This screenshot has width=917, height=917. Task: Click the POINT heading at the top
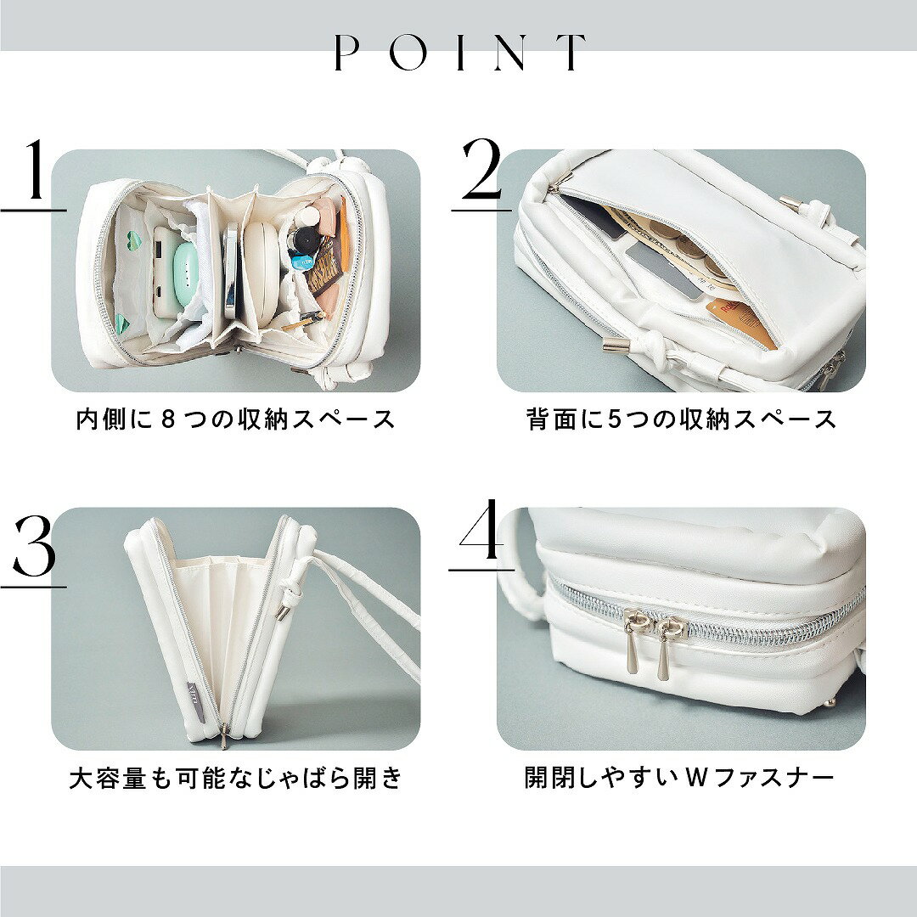(x=459, y=52)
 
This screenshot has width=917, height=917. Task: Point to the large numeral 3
(x=34, y=545)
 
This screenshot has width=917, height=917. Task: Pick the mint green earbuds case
(x=188, y=273)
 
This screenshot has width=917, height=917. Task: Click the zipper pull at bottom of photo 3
(x=224, y=735)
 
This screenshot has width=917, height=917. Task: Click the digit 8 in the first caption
(x=167, y=420)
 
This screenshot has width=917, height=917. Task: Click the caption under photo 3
(x=236, y=779)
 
